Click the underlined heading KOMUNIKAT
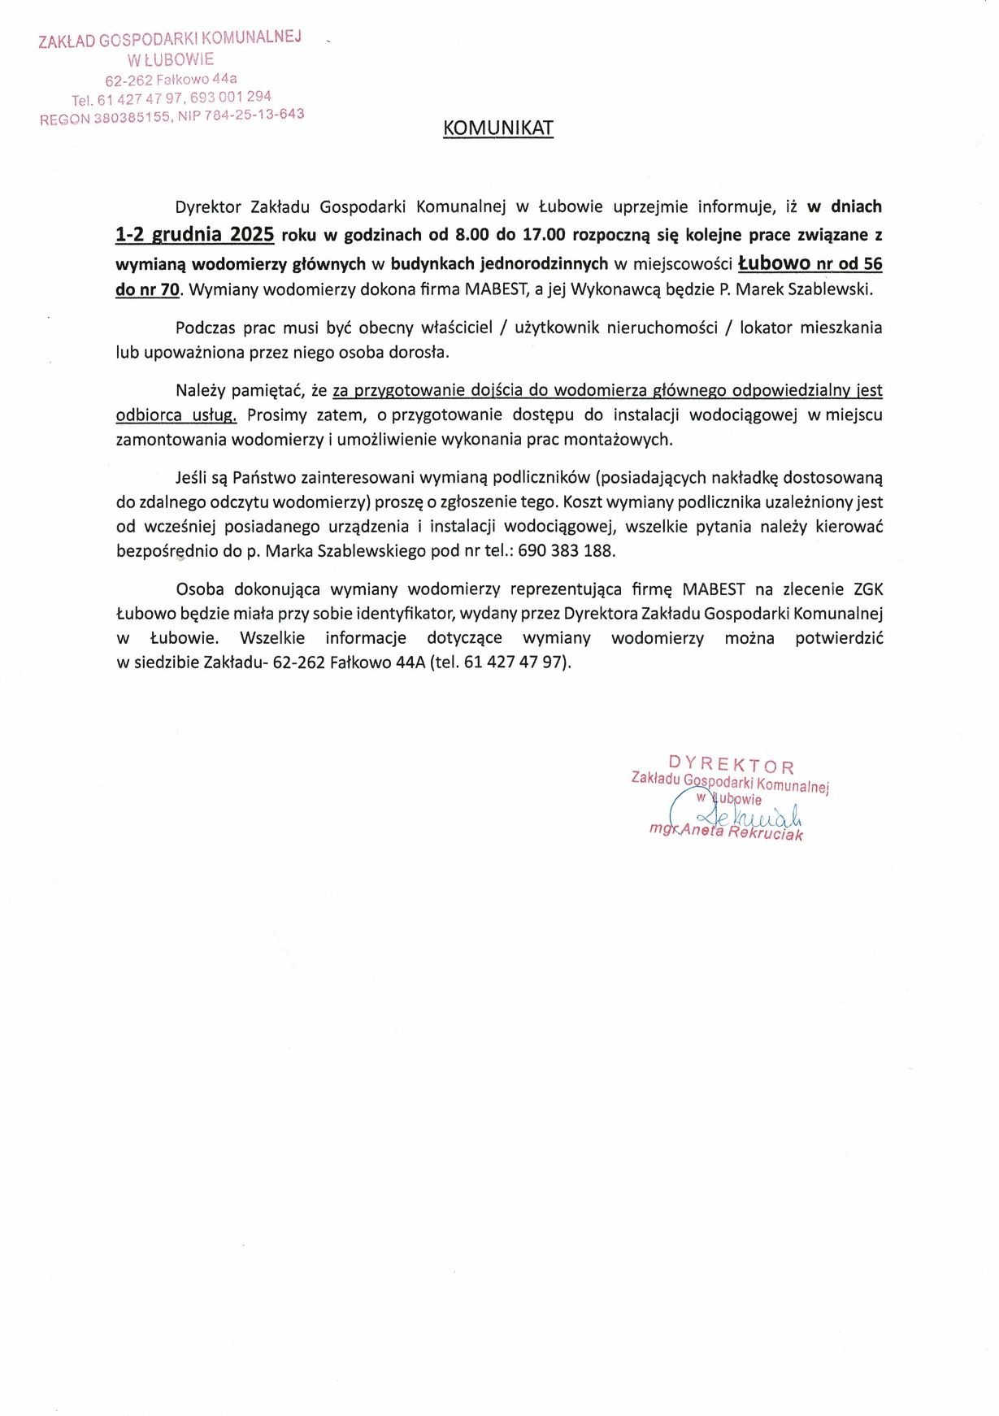pos(498,128)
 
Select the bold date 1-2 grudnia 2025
pos(194,235)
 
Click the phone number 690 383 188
pos(566,551)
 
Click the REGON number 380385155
pos(132,118)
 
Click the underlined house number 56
pos(872,264)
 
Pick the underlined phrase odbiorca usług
pos(176,415)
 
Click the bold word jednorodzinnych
pos(544,264)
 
